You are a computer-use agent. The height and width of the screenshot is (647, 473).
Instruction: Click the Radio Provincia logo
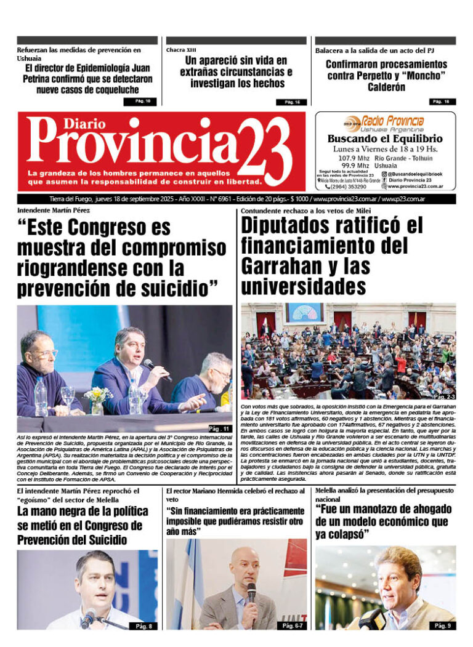(384, 123)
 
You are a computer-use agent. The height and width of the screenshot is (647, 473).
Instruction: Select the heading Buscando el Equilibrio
(385, 139)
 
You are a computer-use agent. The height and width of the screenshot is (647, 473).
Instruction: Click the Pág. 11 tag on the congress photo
(219, 428)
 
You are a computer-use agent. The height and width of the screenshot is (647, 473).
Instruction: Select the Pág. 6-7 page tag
(292, 626)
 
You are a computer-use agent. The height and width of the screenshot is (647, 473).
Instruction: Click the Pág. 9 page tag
(442, 625)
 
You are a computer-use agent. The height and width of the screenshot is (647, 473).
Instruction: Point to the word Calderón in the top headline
(386, 87)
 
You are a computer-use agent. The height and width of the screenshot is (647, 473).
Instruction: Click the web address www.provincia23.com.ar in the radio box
(416, 186)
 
